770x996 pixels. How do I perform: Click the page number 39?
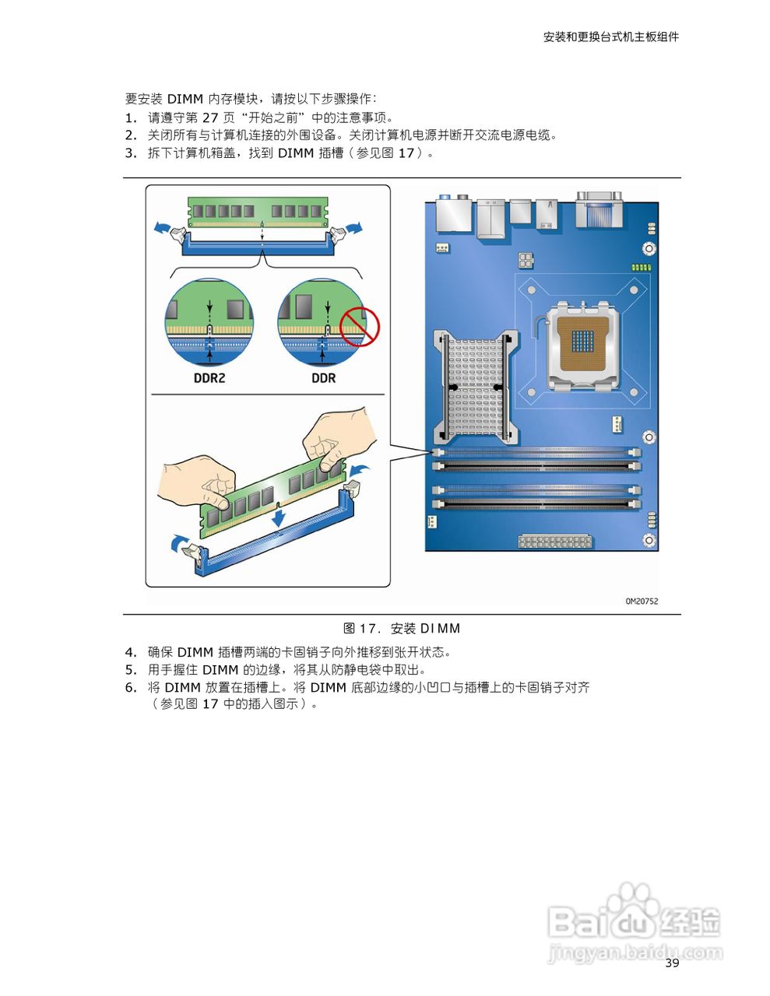coord(672,963)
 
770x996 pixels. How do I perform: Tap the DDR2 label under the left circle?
coord(209,378)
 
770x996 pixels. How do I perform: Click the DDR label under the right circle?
coord(323,378)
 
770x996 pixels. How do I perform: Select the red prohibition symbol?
coord(359,326)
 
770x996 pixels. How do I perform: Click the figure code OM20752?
coord(641,601)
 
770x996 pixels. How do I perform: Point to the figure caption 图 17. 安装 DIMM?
coord(402,629)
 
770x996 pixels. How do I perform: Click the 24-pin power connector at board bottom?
coord(555,542)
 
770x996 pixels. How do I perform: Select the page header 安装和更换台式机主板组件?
coord(610,37)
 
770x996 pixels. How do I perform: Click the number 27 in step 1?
coord(210,117)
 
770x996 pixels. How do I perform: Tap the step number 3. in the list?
coord(131,153)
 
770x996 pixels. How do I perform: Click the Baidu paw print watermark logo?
coord(629,907)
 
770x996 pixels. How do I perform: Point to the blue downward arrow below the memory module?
coord(278,516)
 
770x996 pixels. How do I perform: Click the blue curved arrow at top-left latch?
coord(162,227)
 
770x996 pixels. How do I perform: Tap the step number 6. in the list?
coord(131,688)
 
